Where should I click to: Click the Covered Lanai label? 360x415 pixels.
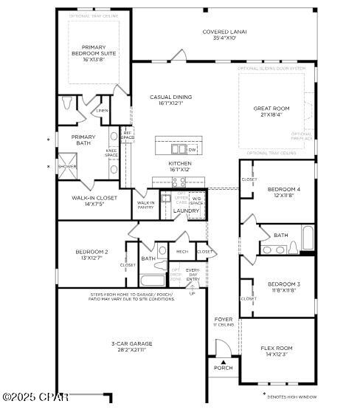tap(224, 32)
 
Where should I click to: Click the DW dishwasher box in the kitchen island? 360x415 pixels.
tap(192, 149)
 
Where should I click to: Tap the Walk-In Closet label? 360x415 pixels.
tap(94, 198)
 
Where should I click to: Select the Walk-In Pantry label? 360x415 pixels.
tap(145, 205)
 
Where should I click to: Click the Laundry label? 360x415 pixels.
tap(186, 210)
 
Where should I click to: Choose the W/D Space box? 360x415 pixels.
tap(196, 199)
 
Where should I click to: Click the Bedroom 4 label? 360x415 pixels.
tap(283, 190)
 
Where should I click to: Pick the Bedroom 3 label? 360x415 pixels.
tap(283, 284)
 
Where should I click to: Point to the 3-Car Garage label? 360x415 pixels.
tap(132, 343)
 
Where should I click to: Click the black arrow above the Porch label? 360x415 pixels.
tap(222, 362)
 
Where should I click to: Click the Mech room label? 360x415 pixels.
tap(181, 252)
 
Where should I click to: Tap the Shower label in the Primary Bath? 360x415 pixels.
tap(67, 167)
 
